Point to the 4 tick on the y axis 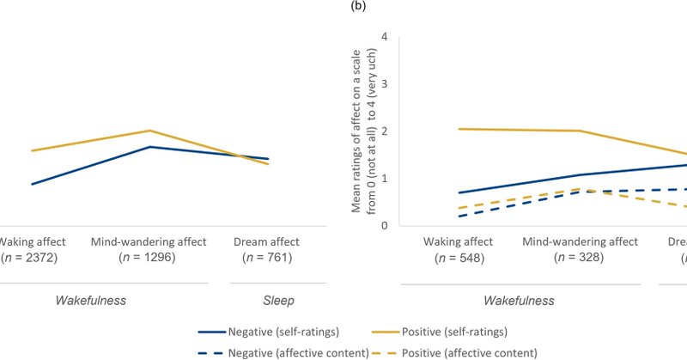pos(385,37)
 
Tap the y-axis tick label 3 pos(385,84)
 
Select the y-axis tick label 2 pos(385,131)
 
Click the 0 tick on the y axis pos(385,226)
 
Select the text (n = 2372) pos(27,257)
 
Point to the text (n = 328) pos(580,257)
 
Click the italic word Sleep pos(277,301)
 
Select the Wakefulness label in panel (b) pos(519,301)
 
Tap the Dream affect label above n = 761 pos(266,241)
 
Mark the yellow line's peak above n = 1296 pos(149,131)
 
